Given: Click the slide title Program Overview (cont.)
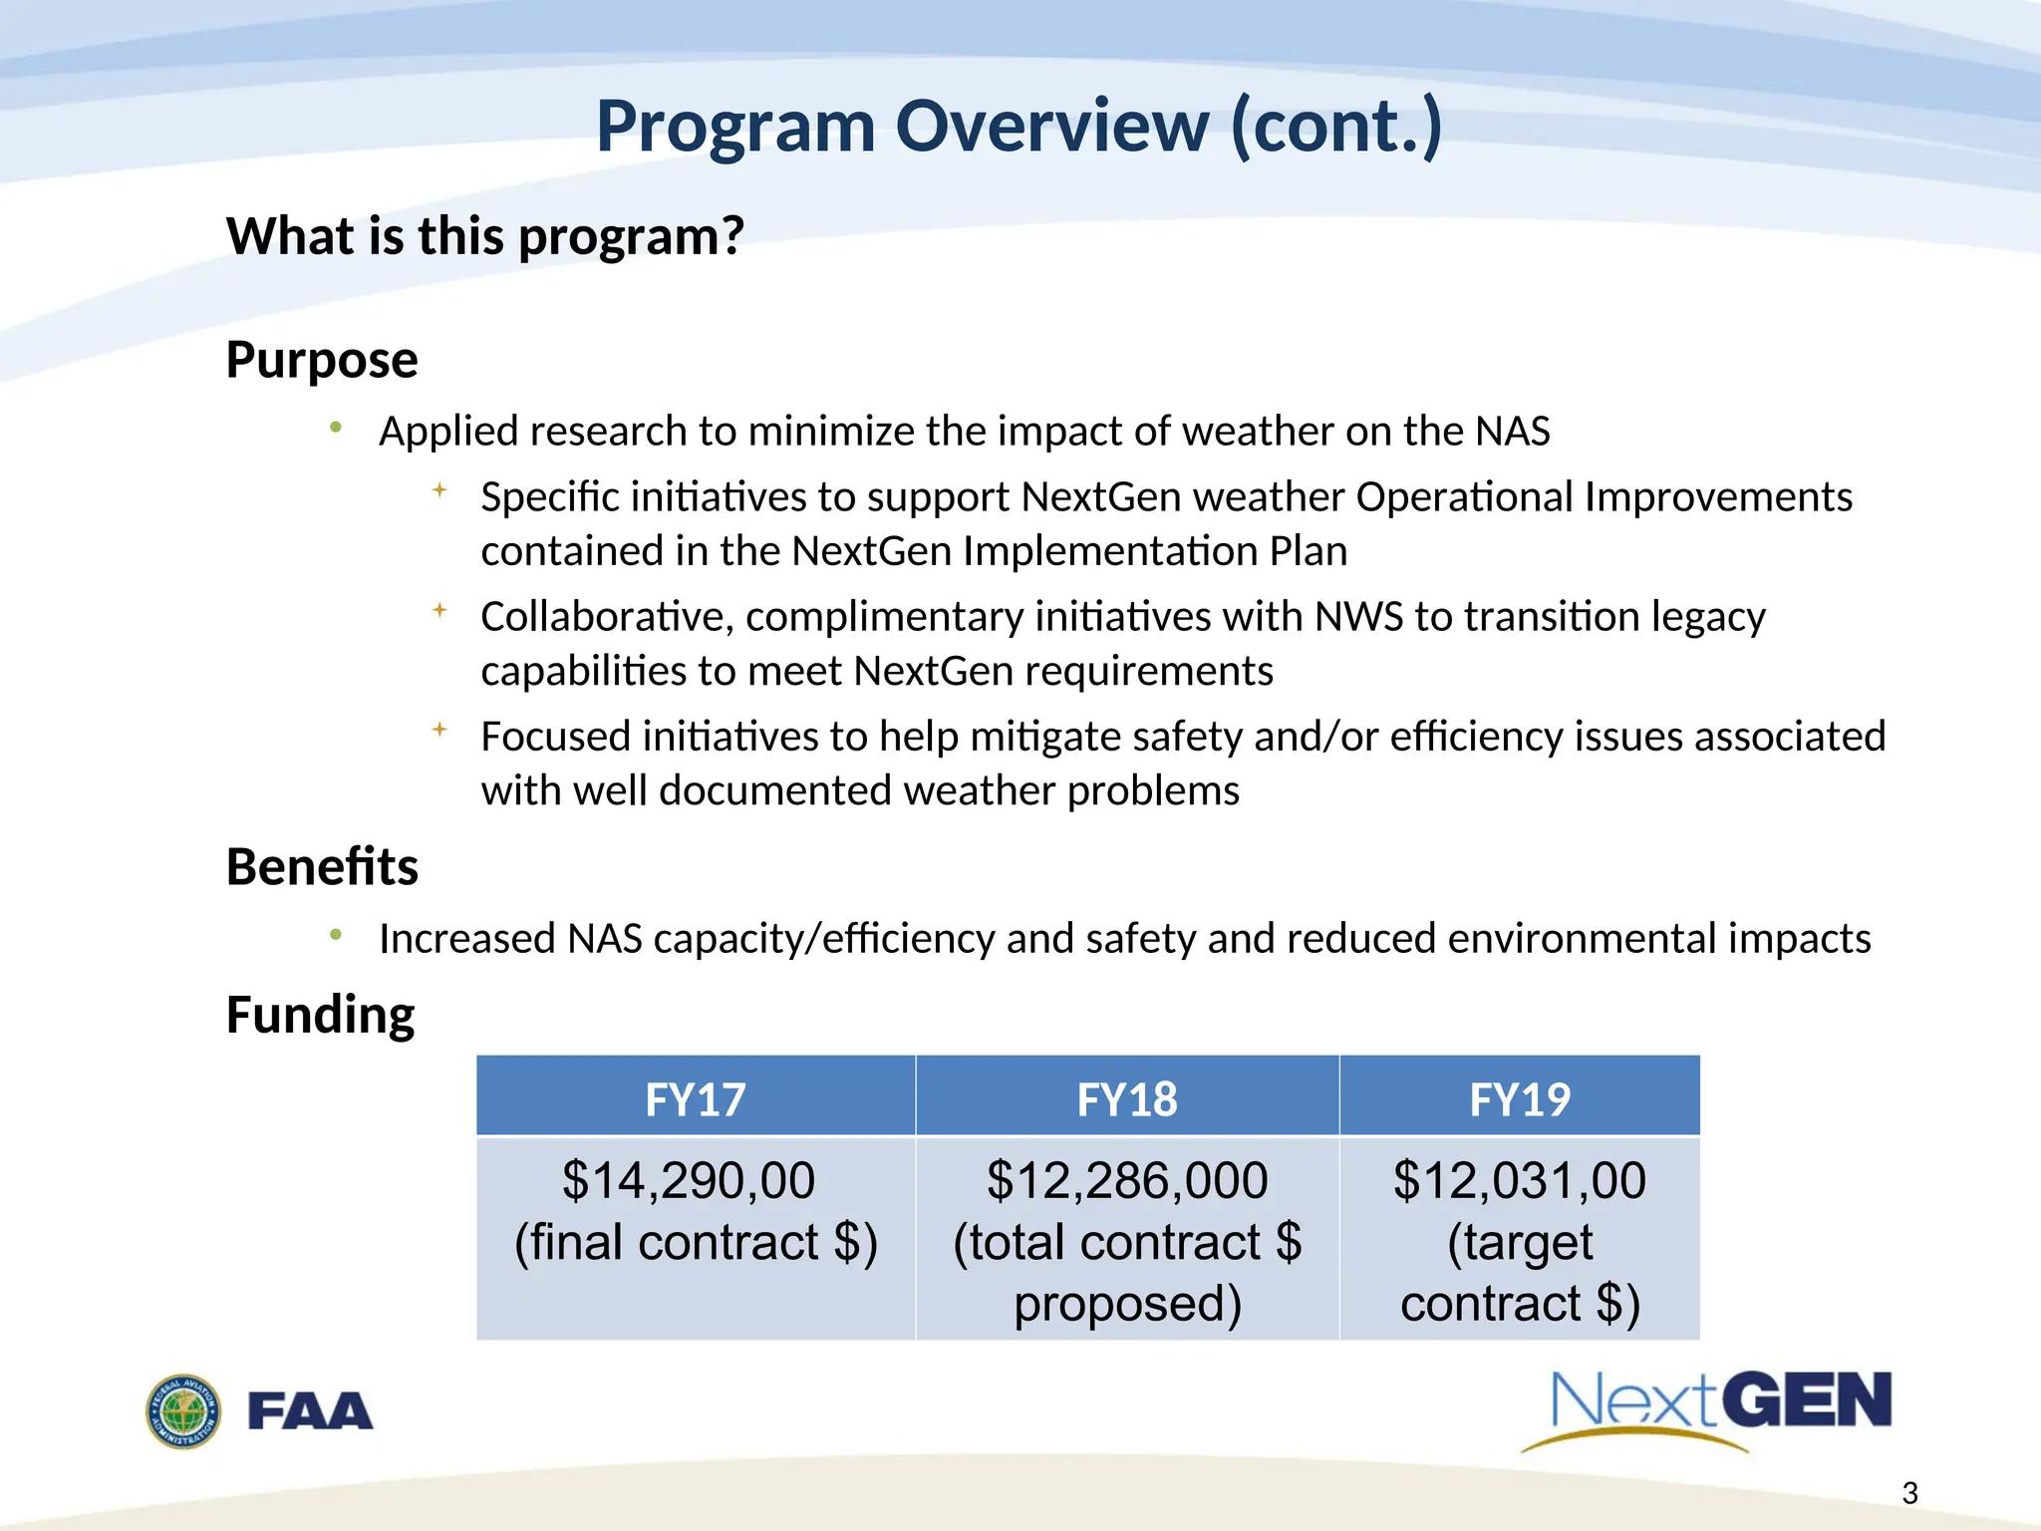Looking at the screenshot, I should pyautogui.click(x=1019, y=127).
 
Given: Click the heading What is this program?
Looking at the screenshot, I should pyautogui.click(x=485, y=236).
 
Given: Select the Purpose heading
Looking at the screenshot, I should pyautogui.click(x=322, y=359).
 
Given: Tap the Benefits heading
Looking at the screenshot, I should pyautogui.click(x=322, y=866).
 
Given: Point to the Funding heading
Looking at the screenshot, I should pyautogui.click(x=320, y=1015).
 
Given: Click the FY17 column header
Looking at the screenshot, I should pyautogui.click(x=695, y=1099).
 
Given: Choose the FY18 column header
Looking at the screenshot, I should pyautogui.click(x=1127, y=1099).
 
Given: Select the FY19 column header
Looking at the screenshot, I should pyautogui.click(x=1520, y=1099).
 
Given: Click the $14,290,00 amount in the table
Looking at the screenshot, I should pyautogui.click(x=689, y=1181).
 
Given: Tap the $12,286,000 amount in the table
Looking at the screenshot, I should pyautogui.click(x=1127, y=1181).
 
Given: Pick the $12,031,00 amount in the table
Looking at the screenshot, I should pyautogui.click(x=1520, y=1181).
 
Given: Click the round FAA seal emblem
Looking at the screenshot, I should pyautogui.click(x=183, y=1411).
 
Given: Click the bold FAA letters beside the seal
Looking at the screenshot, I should pyautogui.click(x=310, y=1411).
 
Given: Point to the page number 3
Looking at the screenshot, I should pyautogui.click(x=1909, y=1493).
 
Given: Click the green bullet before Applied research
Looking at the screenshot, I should pyautogui.click(x=336, y=429).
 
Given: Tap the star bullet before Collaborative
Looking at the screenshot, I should pyautogui.click(x=439, y=610).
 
